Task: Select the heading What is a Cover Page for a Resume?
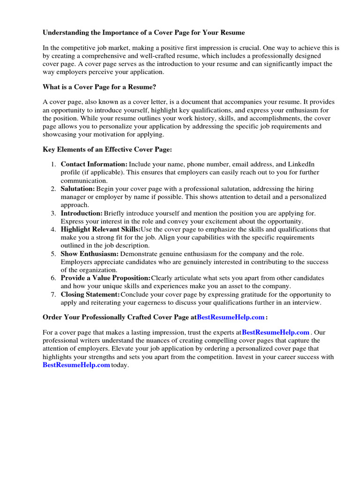click(99, 87)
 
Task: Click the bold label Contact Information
click(94, 164)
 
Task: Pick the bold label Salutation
click(78, 188)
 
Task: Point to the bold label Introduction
click(82, 213)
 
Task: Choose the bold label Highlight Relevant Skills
click(100, 229)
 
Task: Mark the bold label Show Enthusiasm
click(90, 254)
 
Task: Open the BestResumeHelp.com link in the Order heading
click(231, 317)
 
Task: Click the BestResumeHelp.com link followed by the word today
click(76, 365)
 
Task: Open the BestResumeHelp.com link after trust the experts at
click(276, 332)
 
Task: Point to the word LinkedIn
click(301, 164)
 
